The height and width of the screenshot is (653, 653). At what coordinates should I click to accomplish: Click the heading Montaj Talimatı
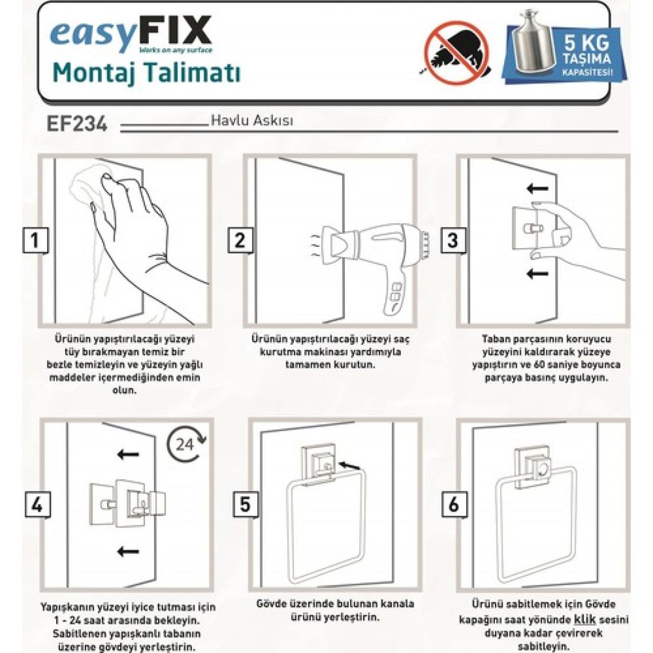tap(147, 73)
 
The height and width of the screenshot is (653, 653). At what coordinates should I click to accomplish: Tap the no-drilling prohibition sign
tap(457, 53)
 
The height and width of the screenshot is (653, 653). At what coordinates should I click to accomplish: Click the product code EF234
tap(77, 124)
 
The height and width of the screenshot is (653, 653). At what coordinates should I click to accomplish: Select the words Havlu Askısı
tap(252, 121)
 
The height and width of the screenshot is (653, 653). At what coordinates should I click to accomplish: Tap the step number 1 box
tap(35, 241)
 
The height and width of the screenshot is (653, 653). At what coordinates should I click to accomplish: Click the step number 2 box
tap(240, 241)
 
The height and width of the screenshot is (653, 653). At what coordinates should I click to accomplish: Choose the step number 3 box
tap(453, 241)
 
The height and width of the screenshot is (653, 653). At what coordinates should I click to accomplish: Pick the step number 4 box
tap(37, 504)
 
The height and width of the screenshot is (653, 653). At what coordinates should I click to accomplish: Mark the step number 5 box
tap(245, 504)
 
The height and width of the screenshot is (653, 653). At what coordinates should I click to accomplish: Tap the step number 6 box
tap(454, 504)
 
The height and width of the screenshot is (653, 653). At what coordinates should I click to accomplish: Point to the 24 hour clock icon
tap(186, 444)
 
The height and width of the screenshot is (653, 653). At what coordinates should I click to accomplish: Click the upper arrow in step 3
tap(538, 189)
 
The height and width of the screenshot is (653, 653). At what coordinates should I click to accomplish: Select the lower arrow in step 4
tap(128, 552)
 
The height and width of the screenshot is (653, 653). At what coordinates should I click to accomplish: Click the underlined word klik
tap(585, 619)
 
